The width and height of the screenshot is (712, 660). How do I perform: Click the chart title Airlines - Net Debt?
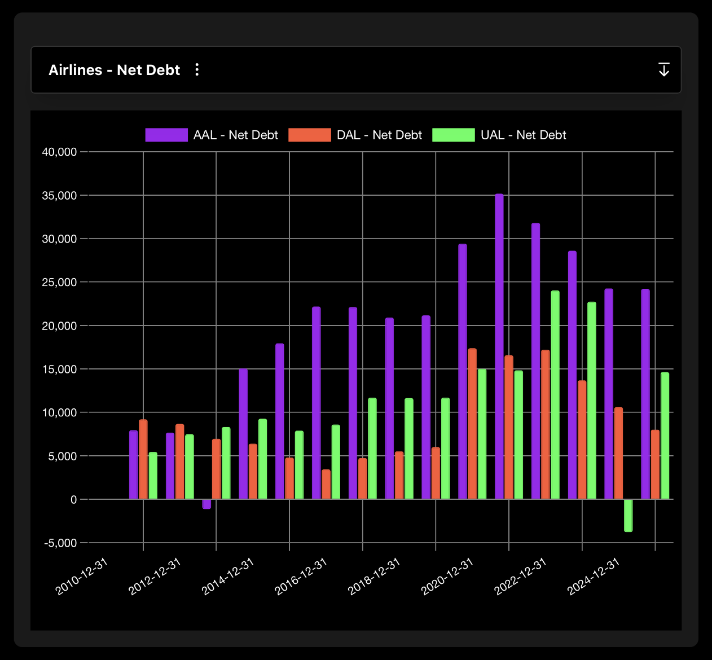(114, 70)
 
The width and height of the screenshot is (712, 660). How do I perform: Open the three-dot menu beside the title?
(197, 69)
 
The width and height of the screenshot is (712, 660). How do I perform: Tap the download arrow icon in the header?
(664, 69)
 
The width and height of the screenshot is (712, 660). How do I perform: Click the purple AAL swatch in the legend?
(166, 135)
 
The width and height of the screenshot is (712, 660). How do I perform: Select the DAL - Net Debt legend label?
(379, 135)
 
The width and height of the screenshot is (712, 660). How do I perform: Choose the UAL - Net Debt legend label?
(523, 135)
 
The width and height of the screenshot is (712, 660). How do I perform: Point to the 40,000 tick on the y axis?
(59, 152)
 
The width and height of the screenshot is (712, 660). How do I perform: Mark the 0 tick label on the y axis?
(73, 499)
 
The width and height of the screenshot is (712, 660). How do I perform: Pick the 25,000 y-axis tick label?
(59, 282)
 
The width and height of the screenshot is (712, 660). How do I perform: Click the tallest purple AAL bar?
(499, 346)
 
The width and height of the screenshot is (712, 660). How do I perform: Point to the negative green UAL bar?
(628, 515)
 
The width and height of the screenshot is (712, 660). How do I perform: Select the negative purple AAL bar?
(206, 504)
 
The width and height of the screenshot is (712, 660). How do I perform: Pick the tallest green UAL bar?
(555, 395)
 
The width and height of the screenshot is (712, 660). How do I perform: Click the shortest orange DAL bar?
(326, 484)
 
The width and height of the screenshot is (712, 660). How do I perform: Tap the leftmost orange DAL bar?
(143, 459)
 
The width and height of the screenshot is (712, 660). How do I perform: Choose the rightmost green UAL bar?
(665, 435)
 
